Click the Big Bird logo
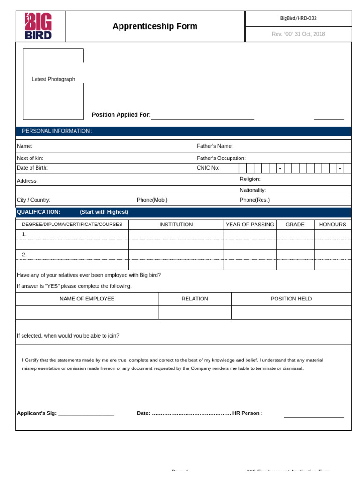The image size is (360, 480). pyautogui.click(x=38, y=26)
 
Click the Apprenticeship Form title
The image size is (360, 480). pyautogui.click(x=155, y=26)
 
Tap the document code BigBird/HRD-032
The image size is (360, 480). pyautogui.click(x=298, y=18)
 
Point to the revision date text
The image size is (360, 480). pyautogui.click(x=298, y=34)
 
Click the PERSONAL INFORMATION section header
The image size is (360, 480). pyautogui.click(x=57, y=131)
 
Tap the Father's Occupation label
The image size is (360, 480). pyautogui.click(x=221, y=158)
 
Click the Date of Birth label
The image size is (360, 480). pyautogui.click(x=32, y=168)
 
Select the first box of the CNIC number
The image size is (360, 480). pyautogui.click(x=242, y=168)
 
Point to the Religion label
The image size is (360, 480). pyautogui.click(x=250, y=179)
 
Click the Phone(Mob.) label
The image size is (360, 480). pyautogui.click(x=152, y=200)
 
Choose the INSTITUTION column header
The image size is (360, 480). pyautogui.click(x=176, y=225)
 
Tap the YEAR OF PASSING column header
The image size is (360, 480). pyautogui.click(x=250, y=225)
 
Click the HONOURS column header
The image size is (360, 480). pyautogui.click(x=332, y=225)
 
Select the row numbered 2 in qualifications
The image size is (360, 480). pyautogui.click(x=24, y=255)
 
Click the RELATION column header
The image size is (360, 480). pyautogui.click(x=195, y=299)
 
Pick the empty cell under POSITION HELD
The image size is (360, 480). pyautogui.click(x=291, y=312)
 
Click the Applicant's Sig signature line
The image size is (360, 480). pyautogui.click(x=86, y=413)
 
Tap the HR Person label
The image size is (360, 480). pyautogui.click(x=247, y=413)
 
